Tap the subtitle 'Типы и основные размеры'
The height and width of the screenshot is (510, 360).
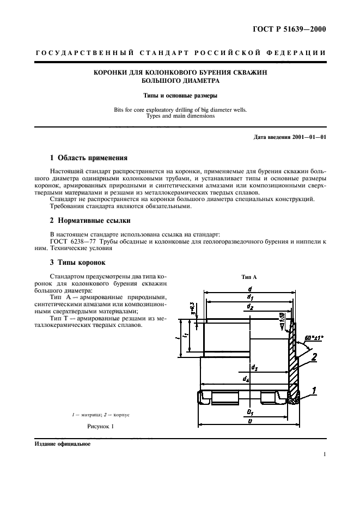click(180, 96)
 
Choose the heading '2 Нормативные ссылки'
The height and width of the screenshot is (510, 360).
click(89, 221)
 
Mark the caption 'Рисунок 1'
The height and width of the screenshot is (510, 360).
click(101, 427)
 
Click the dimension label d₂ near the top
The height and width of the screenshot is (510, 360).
click(249, 307)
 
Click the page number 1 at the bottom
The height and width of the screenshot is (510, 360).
click(324, 454)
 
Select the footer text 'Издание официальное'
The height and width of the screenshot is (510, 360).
click(62, 444)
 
